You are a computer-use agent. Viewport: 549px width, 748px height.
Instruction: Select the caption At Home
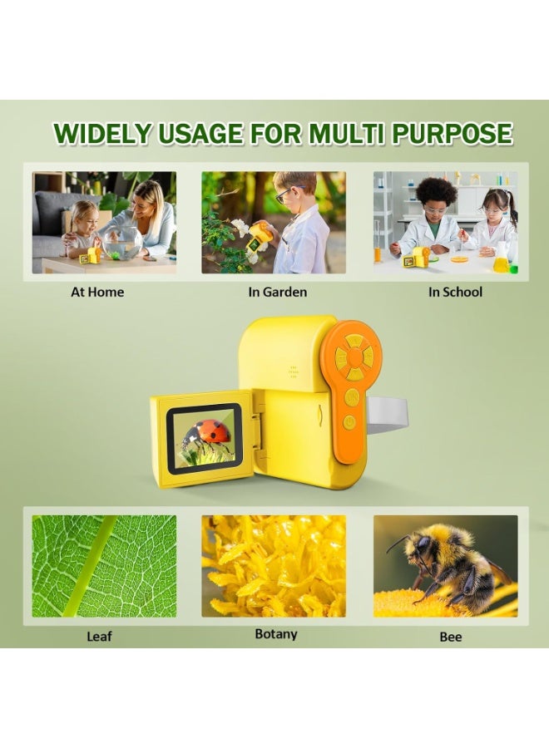(97, 292)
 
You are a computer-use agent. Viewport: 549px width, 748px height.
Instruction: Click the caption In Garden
(277, 292)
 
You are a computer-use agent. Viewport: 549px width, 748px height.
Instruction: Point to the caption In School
(455, 292)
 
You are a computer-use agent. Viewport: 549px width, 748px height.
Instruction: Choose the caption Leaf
(99, 637)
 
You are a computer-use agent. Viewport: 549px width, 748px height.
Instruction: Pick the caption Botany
(276, 634)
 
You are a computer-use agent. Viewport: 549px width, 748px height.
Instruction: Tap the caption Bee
(451, 637)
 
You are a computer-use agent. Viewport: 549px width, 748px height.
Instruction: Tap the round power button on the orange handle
(349, 421)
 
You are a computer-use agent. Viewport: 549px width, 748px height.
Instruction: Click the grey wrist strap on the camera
(388, 414)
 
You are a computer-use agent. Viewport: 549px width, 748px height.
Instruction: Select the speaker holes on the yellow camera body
(294, 372)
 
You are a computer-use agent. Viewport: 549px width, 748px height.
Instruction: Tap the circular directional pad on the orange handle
(354, 357)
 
